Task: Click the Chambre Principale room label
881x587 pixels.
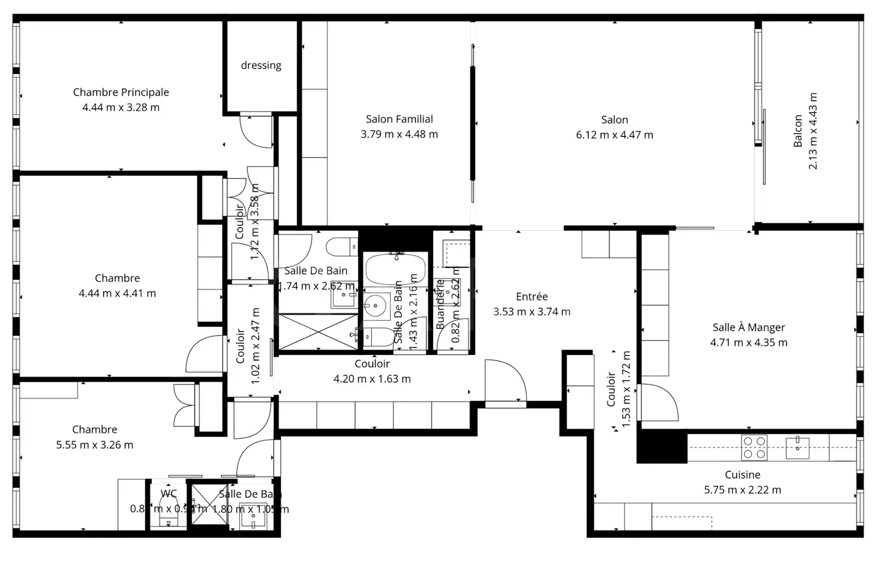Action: (x=121, y=92)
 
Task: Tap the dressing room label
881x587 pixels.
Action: (x=261, y=65)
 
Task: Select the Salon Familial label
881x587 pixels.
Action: (x=399, y=119)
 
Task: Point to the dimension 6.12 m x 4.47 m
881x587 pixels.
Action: (x=614, y=135)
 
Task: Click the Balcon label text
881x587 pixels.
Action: (x=798, y=131)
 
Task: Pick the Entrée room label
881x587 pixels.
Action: (x=532, y=297)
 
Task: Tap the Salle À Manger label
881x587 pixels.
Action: (x=748, y=327)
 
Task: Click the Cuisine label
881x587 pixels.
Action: (x=742, y=475)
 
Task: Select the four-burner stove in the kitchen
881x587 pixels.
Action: (x=754, y=447)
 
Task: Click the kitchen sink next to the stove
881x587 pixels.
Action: (x=797, y=447)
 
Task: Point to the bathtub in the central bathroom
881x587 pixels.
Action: (x=395, y=269)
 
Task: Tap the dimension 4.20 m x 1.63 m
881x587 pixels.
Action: (x=372, y=379)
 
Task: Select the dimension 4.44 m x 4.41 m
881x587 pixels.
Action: (x=117, y=293)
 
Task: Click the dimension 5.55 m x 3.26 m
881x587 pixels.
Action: (x=94, y=445)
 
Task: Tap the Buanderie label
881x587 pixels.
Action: (x=440, y=305)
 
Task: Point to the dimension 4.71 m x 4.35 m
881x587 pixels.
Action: (x=748, y=343)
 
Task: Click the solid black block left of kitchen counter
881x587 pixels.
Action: (x=661, y=446)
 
